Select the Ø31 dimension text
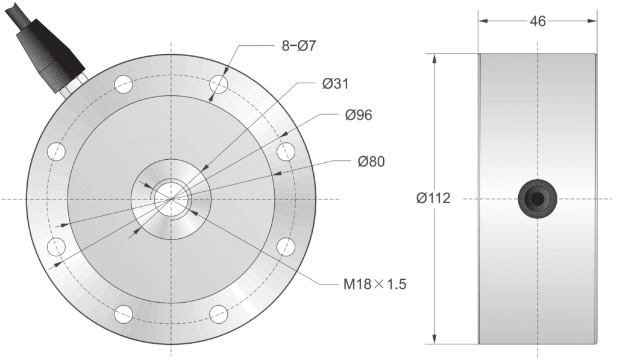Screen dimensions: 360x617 tap(336, 84)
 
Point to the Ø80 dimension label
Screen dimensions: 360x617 tap(371, 162)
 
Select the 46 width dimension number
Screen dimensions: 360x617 tap(537, 21)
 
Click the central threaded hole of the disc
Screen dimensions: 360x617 tap(172, 198)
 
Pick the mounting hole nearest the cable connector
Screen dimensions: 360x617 tap(124, 83)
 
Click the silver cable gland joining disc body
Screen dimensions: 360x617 tap(72, 85)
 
